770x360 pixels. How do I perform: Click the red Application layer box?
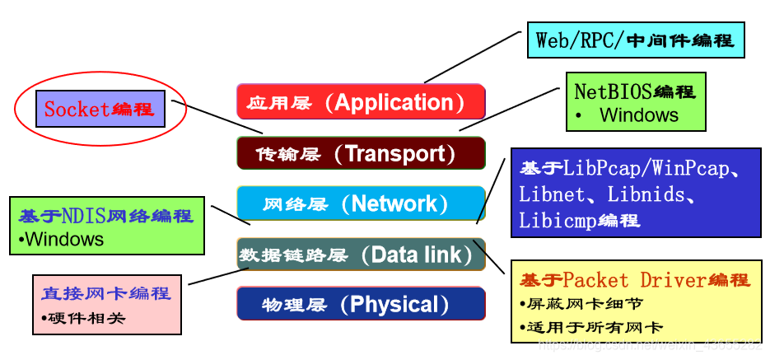coord(361,101)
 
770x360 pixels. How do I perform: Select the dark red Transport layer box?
coord(361,153)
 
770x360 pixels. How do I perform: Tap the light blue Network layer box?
coord(361,203)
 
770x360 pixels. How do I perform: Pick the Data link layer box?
coord(361,255)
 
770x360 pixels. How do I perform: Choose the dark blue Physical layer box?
coord(361,304)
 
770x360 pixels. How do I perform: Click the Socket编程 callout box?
coord(100,109)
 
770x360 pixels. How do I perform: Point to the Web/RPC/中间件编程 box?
coord(635,40)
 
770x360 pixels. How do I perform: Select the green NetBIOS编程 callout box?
coord(635,101)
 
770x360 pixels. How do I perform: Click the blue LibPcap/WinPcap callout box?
coord(635,194)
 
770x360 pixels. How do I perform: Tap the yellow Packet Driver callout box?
coord(635,302)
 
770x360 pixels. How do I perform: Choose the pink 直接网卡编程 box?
coord(106,304)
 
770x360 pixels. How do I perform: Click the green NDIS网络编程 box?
coord(106,225)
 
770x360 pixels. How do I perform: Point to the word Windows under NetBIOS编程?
coord(639,115)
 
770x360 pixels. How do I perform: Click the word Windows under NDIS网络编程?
coord(64,240)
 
